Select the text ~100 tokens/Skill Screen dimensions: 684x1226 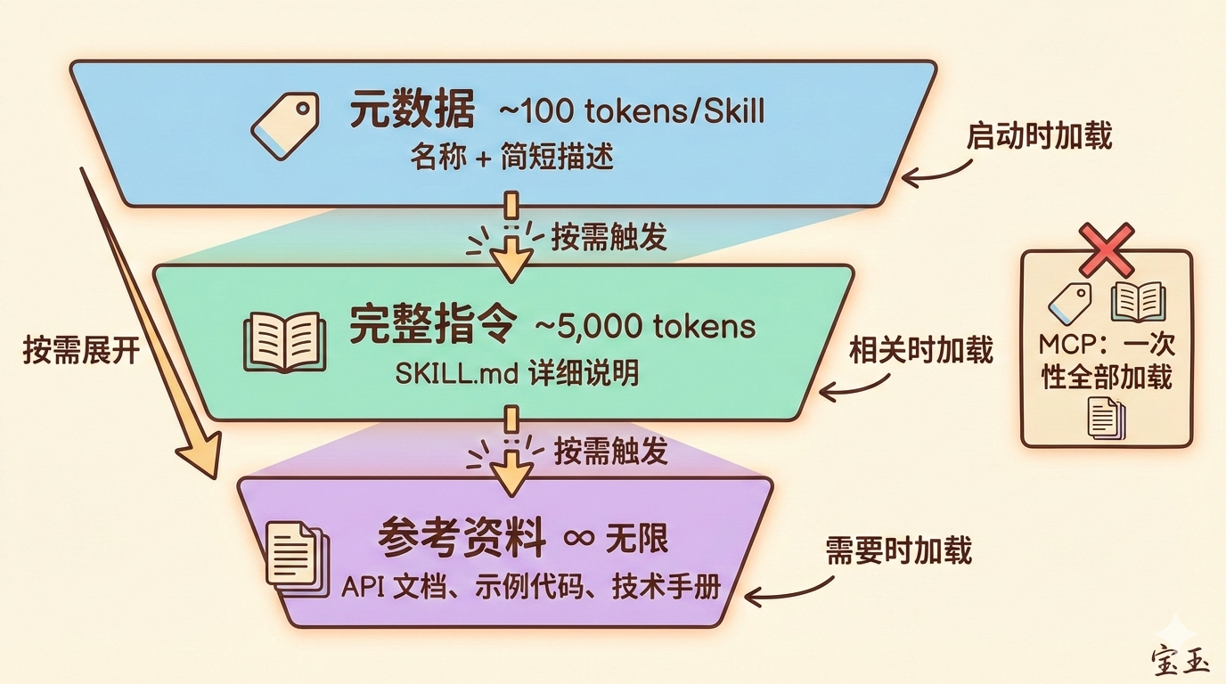pyautogui.click(x=631, y=113)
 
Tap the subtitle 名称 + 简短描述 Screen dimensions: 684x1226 pyautogui.click(x=512, y=158)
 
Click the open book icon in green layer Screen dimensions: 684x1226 pyautogui.click(x=284, y=341)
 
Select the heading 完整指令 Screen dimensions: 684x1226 pyautogui.click(x=432, y=327)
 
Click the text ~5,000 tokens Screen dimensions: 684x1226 pyautogui.click(x=644, y=327)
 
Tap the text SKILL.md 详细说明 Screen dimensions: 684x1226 pyautogui.click(x=517, y=373)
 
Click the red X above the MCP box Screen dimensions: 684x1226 pyautogui.click(x=1106, y=249)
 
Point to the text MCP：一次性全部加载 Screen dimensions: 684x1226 pyautogui.click(x=1106, y=361)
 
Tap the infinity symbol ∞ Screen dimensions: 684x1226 pyautogui.click(x=579, y=539)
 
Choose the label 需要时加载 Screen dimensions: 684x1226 pyautogui.click(x=898, y=551)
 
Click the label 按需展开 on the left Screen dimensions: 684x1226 pyautogui.click(x=82, y=350)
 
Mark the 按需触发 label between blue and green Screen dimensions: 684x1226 pyautogui.click(x=609, y=239)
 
